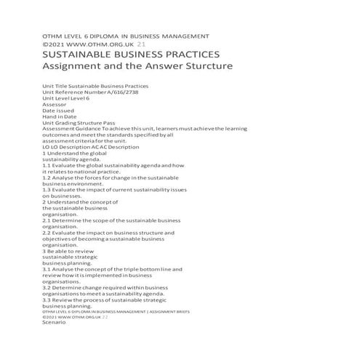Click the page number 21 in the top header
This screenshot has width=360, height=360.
click(131, 44)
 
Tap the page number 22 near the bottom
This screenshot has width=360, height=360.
click(105, 318)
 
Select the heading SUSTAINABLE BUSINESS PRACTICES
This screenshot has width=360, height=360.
click(132, 55)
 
